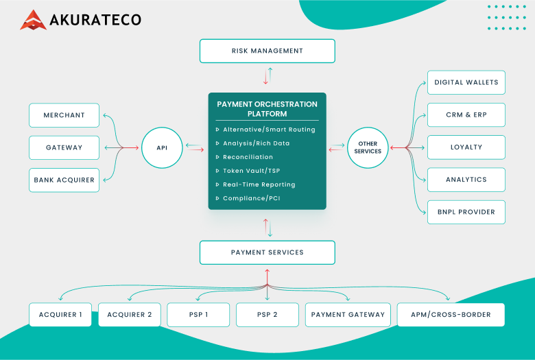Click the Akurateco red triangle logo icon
click(33, 20)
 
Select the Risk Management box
click(267, 51)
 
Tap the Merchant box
click(64, 115)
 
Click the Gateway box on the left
click(64, 147)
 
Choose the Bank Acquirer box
click(64, 180)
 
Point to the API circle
click(162, 147)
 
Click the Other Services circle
click(368, 147)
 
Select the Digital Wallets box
click(466, 82)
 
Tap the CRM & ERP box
click(466, 115)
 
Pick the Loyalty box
click(466, 147)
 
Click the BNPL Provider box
click(466, 212)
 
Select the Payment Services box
click(267, 252)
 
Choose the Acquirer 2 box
click(130, 315)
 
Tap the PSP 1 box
click(198, 315)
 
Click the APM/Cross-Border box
click(451, 315)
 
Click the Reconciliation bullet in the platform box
click(248, 157)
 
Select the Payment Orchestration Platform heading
click(267, 109)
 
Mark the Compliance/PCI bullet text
click(251, 198)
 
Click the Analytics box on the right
click(466, 180)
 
